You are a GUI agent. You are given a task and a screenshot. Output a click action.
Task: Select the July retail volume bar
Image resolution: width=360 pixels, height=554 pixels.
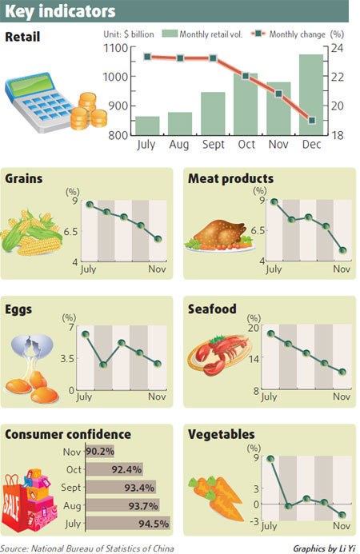tap(146, 126)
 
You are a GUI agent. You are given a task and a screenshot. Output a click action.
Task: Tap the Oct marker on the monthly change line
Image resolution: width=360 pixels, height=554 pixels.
tap(246, 75)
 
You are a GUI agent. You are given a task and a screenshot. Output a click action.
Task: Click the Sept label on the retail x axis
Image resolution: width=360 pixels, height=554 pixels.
tap(213, 145)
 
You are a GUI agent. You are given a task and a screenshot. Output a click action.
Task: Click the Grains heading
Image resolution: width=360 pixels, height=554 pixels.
tap(23, 179)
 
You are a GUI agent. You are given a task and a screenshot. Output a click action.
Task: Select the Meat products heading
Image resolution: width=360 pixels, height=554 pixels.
tap(230, 179)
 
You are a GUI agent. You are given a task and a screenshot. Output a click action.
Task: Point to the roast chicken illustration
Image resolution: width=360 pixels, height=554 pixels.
tap(216, 235)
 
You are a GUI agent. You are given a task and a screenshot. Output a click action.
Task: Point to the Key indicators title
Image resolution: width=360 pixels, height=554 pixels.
tap(60, 11)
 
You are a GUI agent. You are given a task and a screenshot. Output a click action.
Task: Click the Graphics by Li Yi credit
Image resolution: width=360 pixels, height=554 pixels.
tap(322, 548)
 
